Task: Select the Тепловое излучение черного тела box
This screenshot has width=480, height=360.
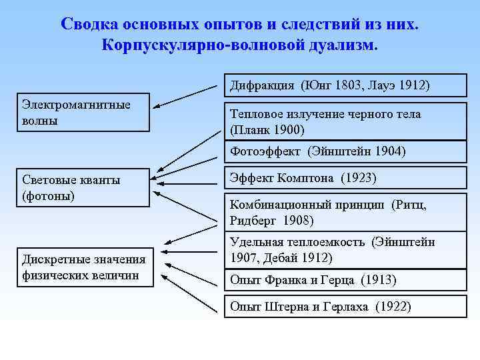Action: coord(344,121)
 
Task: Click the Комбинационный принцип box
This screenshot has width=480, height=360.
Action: coord(344,212)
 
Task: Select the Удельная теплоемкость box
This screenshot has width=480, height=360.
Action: coord(344,249)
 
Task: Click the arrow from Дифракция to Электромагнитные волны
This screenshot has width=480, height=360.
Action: coord(190,95)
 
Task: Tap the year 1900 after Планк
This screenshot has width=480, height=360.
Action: coord(287,129)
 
